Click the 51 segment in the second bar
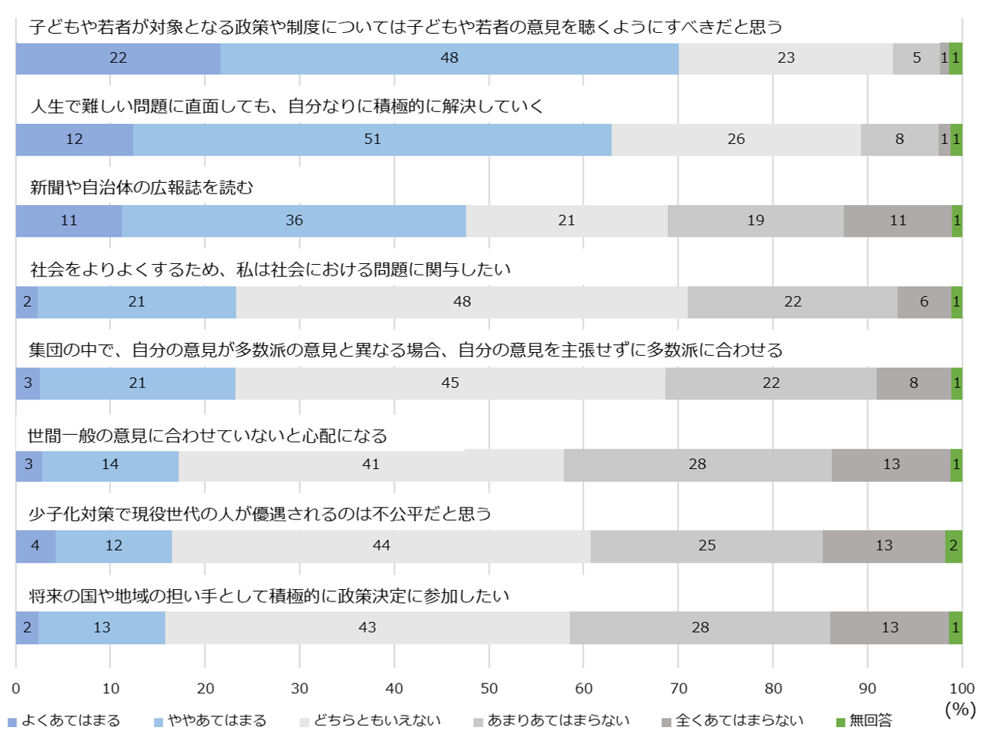pyautogui.click(x=372, y=139)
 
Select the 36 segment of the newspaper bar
pyautogui.click(x=294, y=220)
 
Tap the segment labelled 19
pyautogui.click(x=756, y=220)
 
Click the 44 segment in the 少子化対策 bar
pyautogui.click(x=381, y=546)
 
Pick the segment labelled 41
pyautogui.click(x=371, y=465)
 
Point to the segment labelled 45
pyautogui.click(x=450, y=383)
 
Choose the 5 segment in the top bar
pyautogui.click(x=917, y=58)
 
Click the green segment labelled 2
pyautogui.click(x=953, y=546)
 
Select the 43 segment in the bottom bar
pyautogui.click(x=368, y=628)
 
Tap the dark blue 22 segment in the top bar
pyautogui.click(x=118, y=58)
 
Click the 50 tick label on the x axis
pyautogui.click(x=489, y=689)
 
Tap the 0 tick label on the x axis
pyautogui.click(x=16, y=689)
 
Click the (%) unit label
pyautogui.click(x=960, y=709)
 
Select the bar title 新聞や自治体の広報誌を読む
pyautogui.click(x=142, y=187)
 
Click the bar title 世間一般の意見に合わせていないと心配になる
pyautogui.click(x=208, y=436)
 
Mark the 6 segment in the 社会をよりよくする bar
pyautogui.click(x=924, y=302)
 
